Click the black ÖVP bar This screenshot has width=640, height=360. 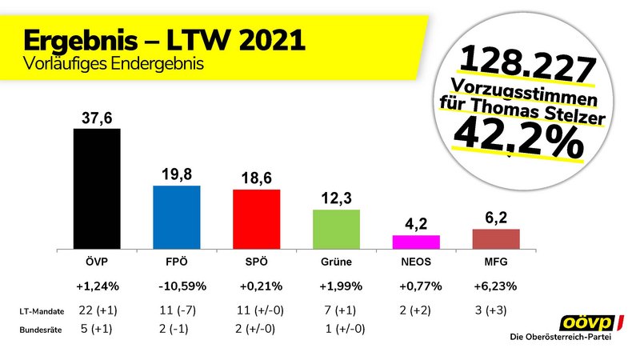96,187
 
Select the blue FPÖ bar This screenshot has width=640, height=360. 176,216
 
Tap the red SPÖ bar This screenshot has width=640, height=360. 256,218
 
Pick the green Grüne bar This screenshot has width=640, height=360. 336,228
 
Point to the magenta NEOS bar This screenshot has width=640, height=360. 416,241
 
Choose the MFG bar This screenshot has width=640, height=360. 496,238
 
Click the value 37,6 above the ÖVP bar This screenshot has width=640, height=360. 96,118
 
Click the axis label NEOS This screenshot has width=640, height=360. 416,261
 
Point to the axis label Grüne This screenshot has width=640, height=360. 336,261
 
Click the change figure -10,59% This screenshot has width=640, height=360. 176,285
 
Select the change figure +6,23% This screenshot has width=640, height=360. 496,285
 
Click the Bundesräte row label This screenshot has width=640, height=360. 37,329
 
